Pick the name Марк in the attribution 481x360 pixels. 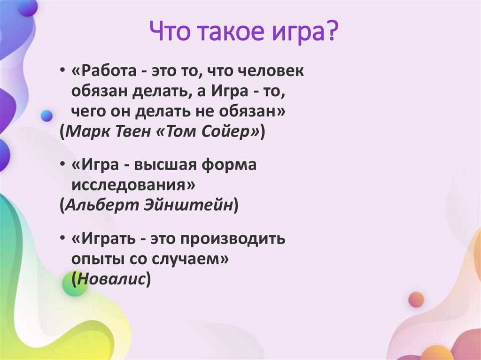pyautogui.click(x=86, y=132)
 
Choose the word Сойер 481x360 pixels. pyautogui.click(x=229, y=132)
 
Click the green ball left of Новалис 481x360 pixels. pyautogui.click(x=75, y=283)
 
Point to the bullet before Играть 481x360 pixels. pyautogui.click(x=62, y=239)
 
